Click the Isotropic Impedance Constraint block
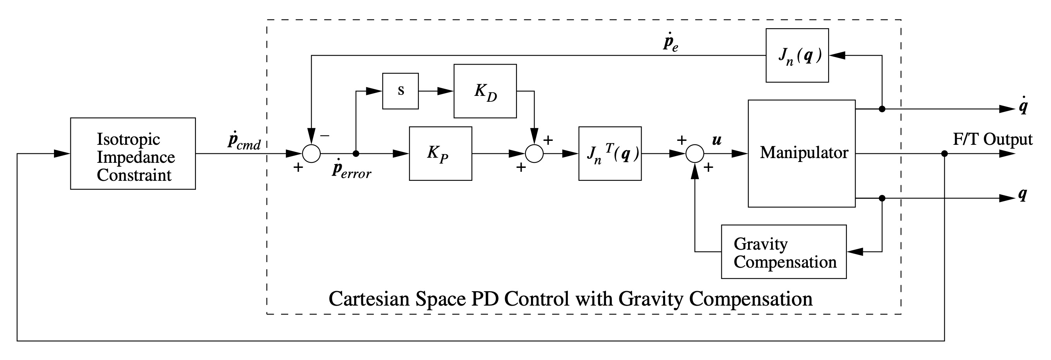pyautogui.click(x=133, y=153)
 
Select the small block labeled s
pyautogui.click(x=400, y=91)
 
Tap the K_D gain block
pyautogui.click(x=485, y=91)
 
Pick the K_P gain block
pyautogui.click(x=440, y=153)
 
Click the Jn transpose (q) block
pyautogui.click(x=610, y=153)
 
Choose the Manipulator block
pyautogui.click(x=801, y=153)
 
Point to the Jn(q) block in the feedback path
pyautogui.click(x=797, y=56)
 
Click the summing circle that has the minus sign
pyautogui.click(x=311, y=153)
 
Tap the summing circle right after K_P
pyautogui.click(x=534, y=153)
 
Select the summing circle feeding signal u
pyautogui.click(x=694, y=153)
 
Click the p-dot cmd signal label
pyautogui.click(x=244, y=141)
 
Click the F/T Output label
pyautogui.click(x=992, y=140)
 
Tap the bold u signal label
pyautogui.click(x=716, y=140)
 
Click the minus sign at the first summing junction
pyautogui.click(x=325, y=135)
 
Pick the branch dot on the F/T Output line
pyautogui.click(x=944, y=153)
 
